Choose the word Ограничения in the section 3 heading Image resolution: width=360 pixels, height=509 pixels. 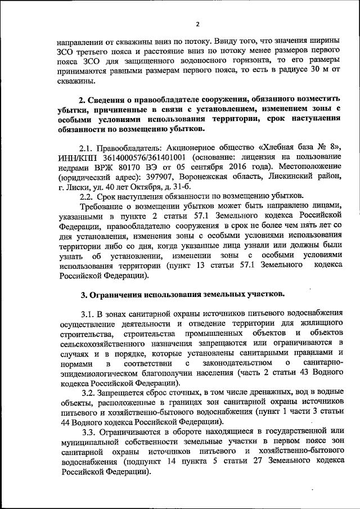click(118, 294)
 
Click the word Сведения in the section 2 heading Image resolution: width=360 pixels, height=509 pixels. click(109, 100)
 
